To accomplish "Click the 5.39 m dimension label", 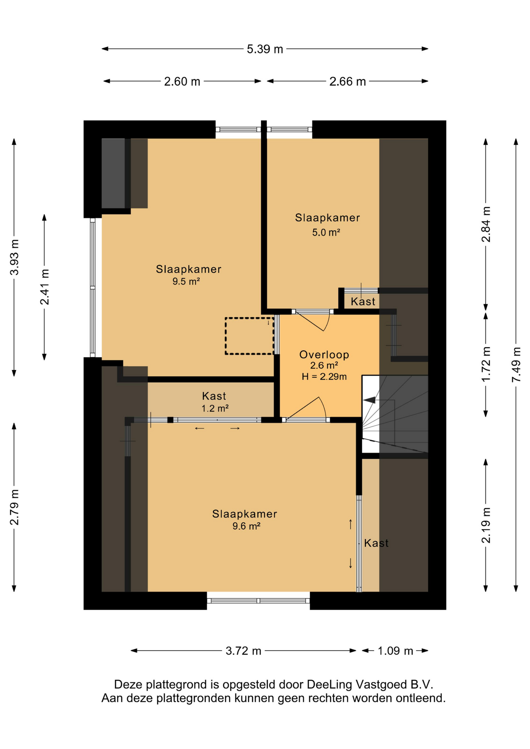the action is click(x=265, y=49).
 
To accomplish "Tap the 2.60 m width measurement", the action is click(x=182, y=82).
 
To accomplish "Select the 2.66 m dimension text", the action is click(x=347, y=82).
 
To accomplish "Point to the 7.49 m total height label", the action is click(x=516, y=364).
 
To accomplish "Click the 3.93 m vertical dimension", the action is click(x=14, y=257).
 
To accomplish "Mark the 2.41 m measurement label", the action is click(x=44, y=287).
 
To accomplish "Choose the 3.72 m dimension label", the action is click(x=243, y=651).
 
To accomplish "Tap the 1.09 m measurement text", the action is click(x=395, y=651).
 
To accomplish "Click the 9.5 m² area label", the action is click(x=186, y=281).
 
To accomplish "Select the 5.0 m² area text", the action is click(x=326, y=233).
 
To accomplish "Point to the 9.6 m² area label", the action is click(x=246, y=526).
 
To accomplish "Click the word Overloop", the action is click(x=324, y=355).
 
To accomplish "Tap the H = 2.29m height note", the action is click(x=324, y=376).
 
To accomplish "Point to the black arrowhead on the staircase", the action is click(x=369, y=400).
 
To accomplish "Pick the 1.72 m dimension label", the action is click(x=486, y=364).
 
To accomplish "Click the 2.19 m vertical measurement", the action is click(x=486, y=525).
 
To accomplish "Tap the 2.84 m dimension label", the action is click(x=486, y=224).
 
